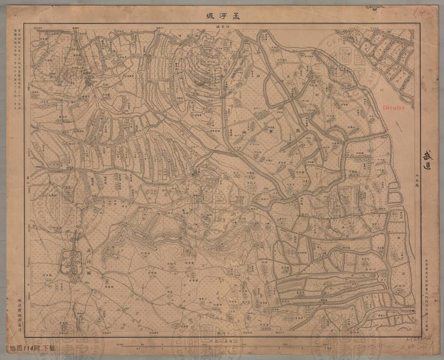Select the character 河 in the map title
click(223, 16)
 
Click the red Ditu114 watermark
click(396, 107)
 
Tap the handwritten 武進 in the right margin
click(427, 159)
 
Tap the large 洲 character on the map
click(244, 133)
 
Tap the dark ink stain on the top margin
click(374, 7)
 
